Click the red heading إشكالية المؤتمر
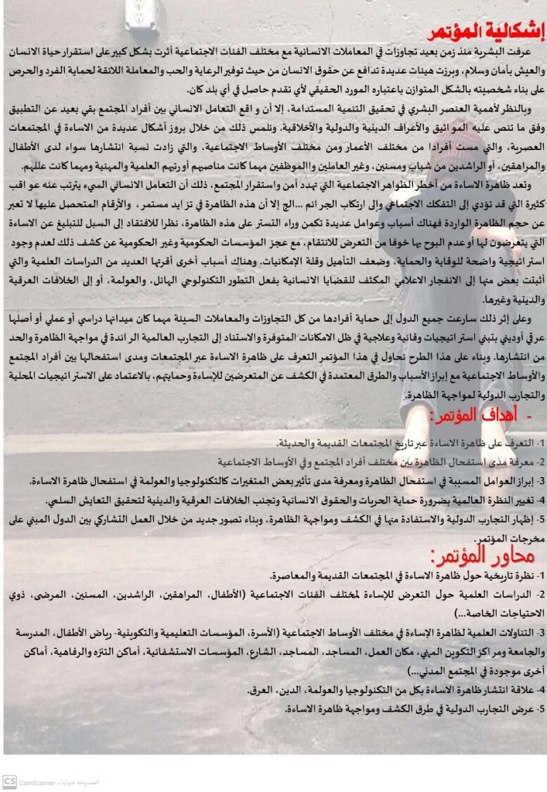coord(486,33)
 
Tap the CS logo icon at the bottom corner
coord(9,780)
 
